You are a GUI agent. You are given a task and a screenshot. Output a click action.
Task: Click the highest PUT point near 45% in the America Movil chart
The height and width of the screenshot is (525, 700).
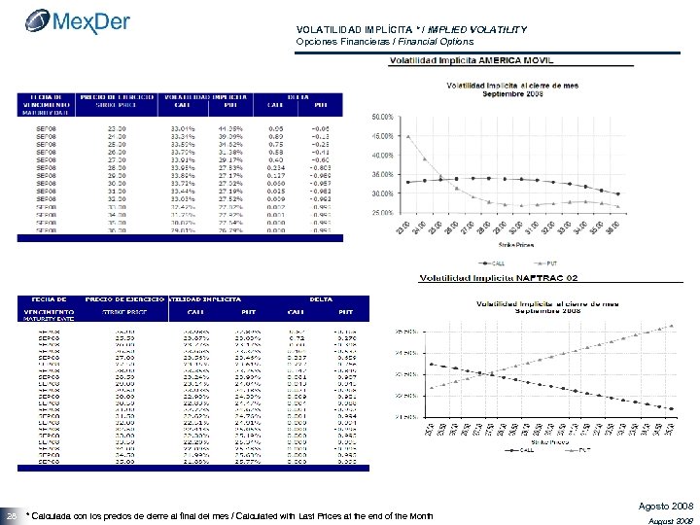(x=409, y=136)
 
